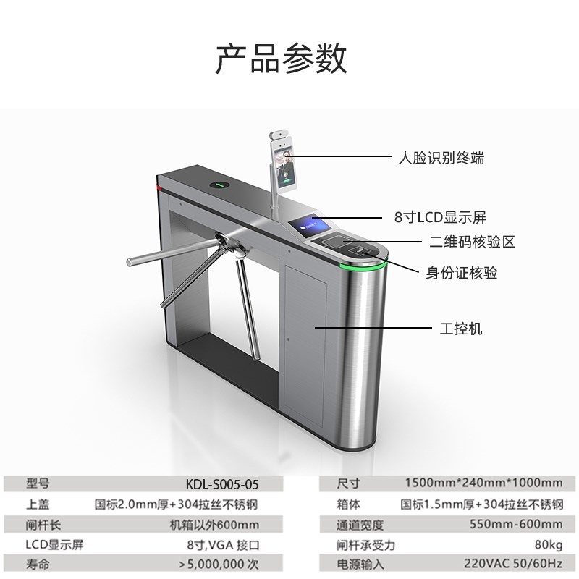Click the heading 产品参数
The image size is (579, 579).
[x=281, y=59]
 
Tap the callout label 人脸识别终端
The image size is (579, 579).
[x=442, y=156]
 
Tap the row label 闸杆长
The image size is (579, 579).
[x=41, y=525]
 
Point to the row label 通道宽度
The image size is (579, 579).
[x=360, y=525]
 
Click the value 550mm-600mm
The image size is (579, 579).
[x=515, y=525]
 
